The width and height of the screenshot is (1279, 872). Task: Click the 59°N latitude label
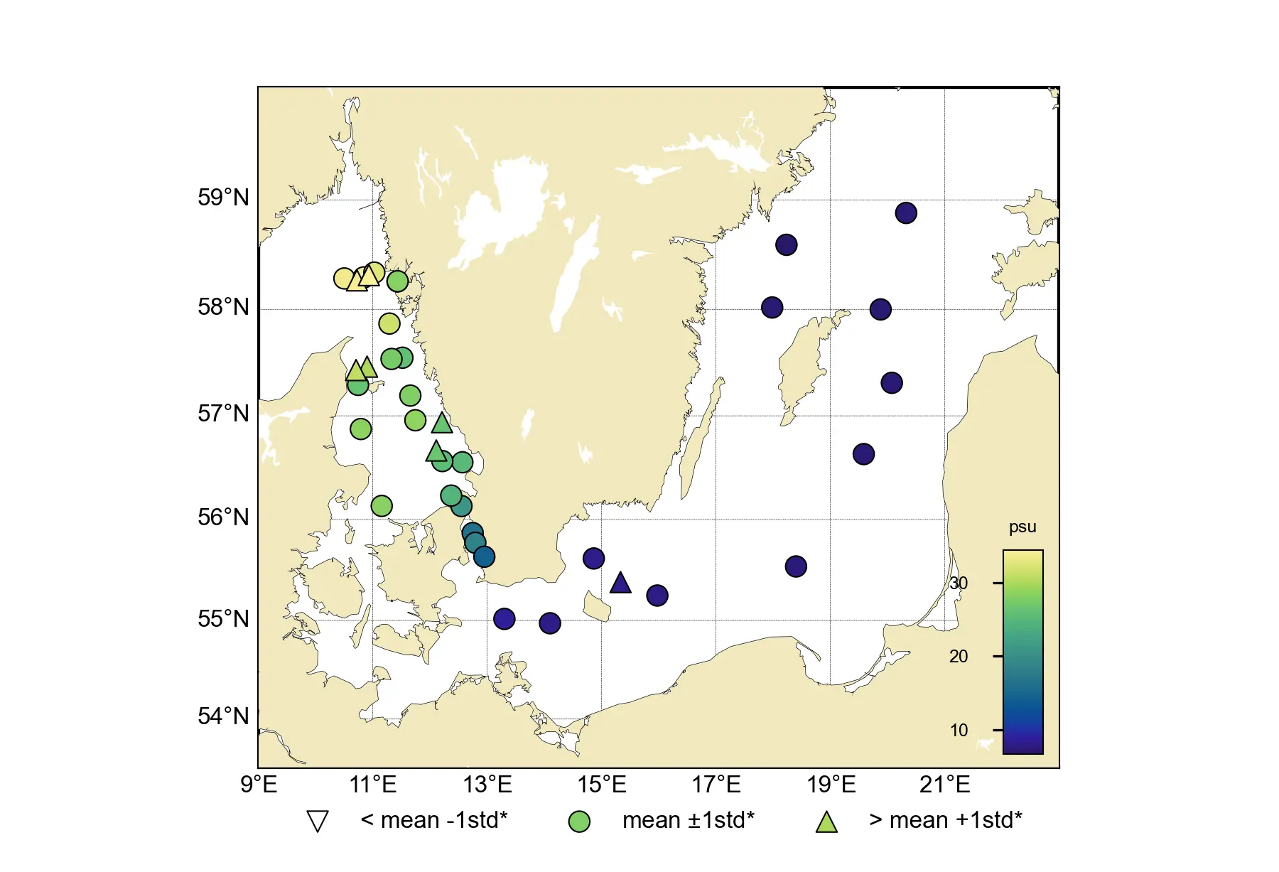coord(223,198)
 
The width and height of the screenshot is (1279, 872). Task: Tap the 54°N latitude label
coord(223,716)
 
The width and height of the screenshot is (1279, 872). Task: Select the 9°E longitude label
coord(259,785)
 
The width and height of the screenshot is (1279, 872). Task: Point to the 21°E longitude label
coord(944,785)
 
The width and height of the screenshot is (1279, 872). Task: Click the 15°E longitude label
coord(602,785)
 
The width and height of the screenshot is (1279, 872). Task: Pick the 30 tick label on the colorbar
coord(959,583)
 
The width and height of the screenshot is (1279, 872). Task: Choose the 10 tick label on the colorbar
coord(959,731)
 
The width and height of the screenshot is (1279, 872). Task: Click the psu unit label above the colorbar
coord(1022,527)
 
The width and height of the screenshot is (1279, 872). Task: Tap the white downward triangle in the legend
coord(317,822)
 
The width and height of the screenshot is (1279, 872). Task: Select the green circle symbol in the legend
coord(579,822)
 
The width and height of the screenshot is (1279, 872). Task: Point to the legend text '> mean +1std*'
coord(945,820)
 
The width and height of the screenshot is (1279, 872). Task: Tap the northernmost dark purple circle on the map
coord(906,213)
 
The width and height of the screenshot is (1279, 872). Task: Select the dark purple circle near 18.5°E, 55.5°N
coord(796,566)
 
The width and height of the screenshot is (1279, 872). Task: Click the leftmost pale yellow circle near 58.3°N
coord(344,279)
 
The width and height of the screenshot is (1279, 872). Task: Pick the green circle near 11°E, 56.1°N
coord(382,506)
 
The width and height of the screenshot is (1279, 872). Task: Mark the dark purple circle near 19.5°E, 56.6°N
coord(863,454)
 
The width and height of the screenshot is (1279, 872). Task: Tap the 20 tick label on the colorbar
coord(959,657)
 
